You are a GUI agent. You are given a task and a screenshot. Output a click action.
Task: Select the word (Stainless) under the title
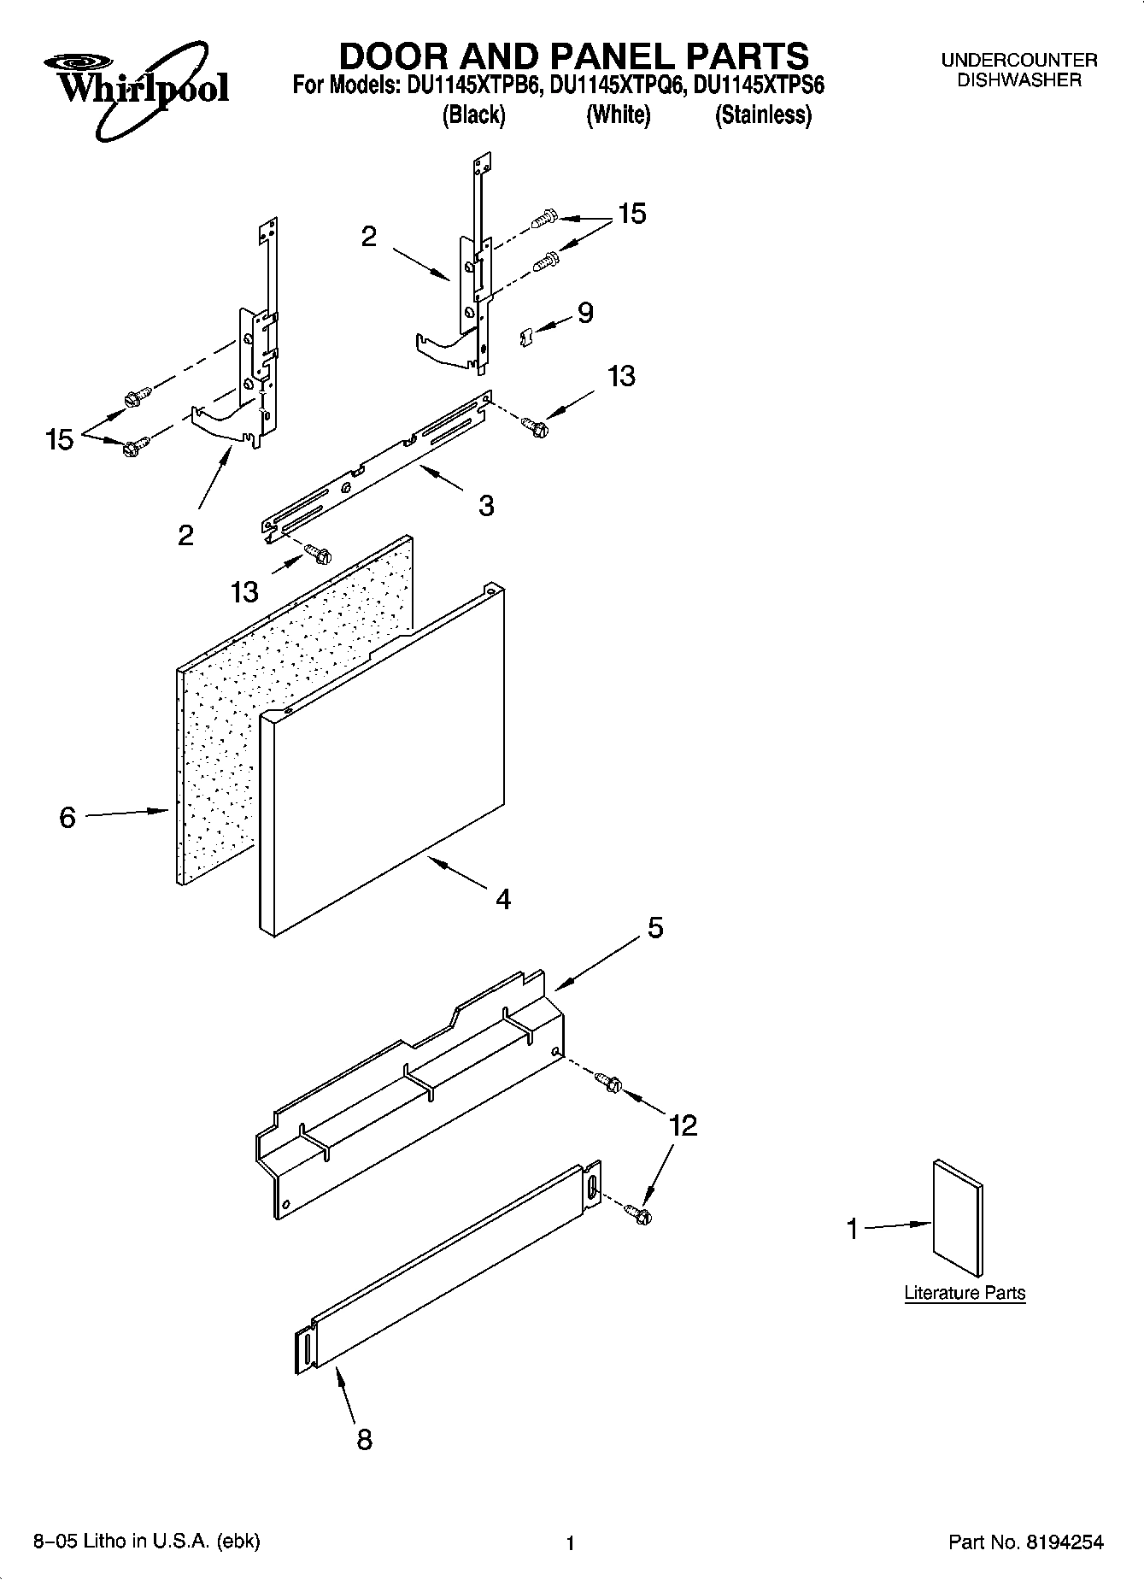(x=762, y=115)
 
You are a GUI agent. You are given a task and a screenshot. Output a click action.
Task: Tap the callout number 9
(x=585, y=313)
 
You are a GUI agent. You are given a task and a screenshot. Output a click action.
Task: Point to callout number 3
(x=485, y=505)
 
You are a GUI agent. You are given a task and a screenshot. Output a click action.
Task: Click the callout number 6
(x=67, y=818)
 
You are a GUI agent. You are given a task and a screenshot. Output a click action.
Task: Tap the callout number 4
(x=503, y=899)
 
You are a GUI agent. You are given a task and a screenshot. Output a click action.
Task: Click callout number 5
(x=654, y=927)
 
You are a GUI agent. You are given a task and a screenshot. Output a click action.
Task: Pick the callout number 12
(x=683, y=1125)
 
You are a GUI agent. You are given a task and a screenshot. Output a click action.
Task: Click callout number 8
(x=364, y=1440)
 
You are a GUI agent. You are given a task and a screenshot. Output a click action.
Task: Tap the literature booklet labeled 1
(x=958, y=1217)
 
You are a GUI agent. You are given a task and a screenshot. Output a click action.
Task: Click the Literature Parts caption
(x=965, y=1293)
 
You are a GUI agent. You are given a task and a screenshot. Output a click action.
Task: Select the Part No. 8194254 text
(x=1025, y=1542)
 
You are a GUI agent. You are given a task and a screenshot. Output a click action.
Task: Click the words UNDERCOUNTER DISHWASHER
(x=1018, y=70)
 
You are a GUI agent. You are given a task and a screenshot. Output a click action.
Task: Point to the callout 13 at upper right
(x=621, y=375)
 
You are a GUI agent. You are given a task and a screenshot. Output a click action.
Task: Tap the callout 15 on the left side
(x=59, y=441)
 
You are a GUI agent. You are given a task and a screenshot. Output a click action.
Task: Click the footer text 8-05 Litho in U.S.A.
(x=146, y=1542)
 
